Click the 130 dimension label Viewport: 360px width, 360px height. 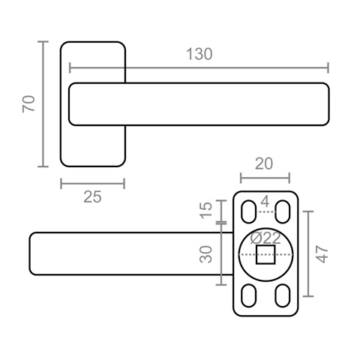pyautogui.click(x=199, y=54)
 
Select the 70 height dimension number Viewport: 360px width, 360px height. pyautogui.click(x=28, y=103)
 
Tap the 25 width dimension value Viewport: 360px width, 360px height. pyautogui.click(x=92, y=197)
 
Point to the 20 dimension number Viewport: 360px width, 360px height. pyautogui.click(x=264, y=164)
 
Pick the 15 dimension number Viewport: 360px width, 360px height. pyautogui.click(x=205, y=210)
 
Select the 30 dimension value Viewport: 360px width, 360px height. pyautogui.click(x=205, y=254)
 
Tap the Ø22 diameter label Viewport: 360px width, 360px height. pyautogui.click(x=265, y=238)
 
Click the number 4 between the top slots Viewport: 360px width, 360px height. pyautogui.click(x=265, y=202)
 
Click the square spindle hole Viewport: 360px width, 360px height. pyautogui.click(x=265, y=254)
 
